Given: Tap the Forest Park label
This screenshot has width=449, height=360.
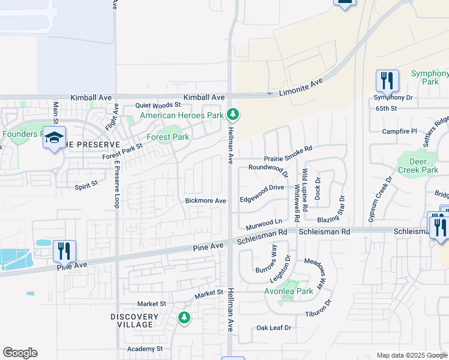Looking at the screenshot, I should coord(169,137).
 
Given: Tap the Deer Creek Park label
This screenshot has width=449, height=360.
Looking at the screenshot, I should coord(418,166).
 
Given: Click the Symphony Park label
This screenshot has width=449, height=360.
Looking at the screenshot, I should coord(430,77).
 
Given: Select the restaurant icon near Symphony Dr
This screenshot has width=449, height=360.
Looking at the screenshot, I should coord(387,80).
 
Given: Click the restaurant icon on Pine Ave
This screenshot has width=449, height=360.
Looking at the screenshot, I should coord(64,250).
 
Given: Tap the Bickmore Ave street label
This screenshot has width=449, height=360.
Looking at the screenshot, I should coord(205,200).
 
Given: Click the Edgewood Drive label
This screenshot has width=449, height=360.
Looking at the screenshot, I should coord(262,187).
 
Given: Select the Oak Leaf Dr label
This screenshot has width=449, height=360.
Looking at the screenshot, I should coord(273,328).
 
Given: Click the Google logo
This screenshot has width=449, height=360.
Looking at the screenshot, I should coord(20,353).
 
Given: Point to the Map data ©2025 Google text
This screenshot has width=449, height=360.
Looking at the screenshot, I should coord(412,355).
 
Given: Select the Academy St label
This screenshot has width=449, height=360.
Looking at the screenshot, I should coord(145,349).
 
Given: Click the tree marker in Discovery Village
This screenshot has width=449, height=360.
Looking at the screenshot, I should coord(184,317).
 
